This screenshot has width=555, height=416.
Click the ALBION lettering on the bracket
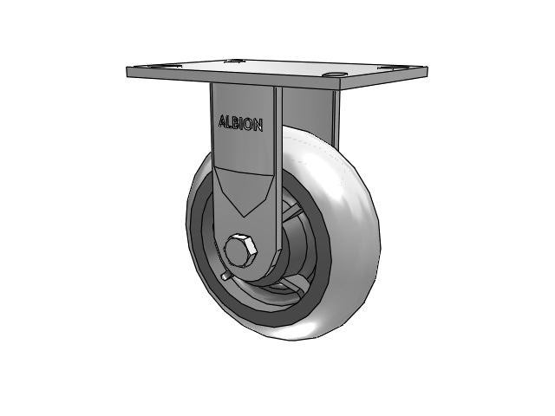[x=241, y=123]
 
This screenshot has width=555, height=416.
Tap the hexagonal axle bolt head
[x=241, y=250]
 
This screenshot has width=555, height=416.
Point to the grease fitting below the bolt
[x=225, y=276]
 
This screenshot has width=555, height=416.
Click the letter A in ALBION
[x=222, y=121]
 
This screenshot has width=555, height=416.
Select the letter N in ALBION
[x=258, y=126]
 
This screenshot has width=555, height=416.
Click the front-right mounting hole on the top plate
[x=336, y=75]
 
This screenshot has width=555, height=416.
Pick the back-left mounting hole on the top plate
[x=234, y=61]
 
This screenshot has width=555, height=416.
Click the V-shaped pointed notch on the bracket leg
[x=245, y=192]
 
